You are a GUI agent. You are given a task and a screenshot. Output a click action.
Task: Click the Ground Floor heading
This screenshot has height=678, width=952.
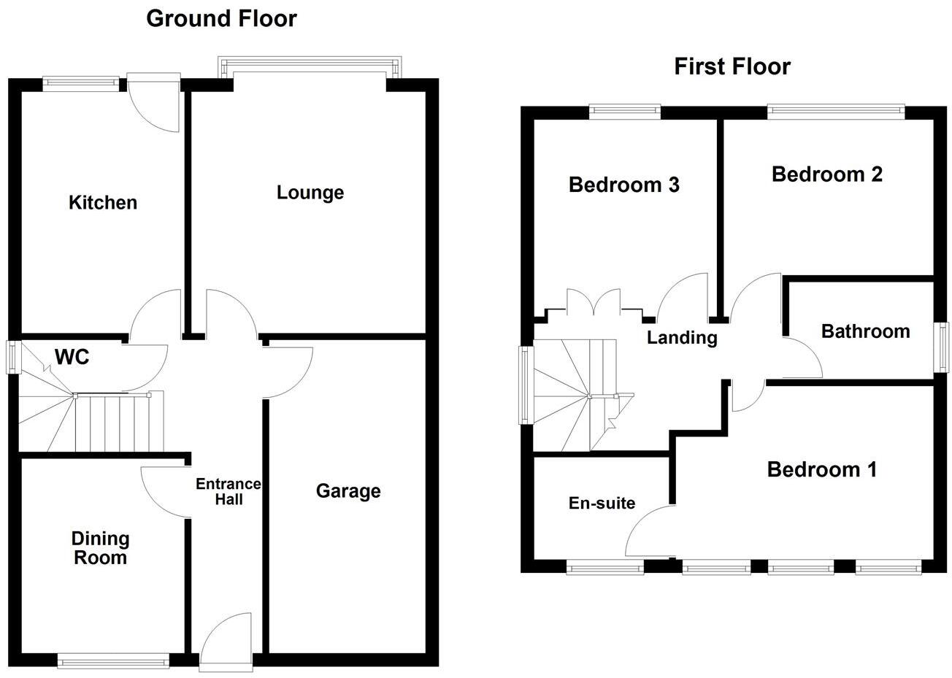tap(221, 19)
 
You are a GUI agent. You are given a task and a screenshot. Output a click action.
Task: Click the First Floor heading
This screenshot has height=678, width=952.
tap(732, 67)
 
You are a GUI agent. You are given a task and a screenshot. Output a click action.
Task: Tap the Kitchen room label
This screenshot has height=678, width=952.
tap(103, 202)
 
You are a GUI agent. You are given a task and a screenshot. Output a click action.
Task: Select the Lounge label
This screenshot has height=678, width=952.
tap(310, 193)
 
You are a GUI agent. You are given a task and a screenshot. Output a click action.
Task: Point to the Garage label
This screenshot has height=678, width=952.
tap(348, 491)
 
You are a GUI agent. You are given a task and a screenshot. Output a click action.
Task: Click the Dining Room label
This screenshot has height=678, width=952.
tap(100, 548)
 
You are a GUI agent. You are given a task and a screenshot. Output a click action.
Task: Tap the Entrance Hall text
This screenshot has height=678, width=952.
tap(228, 492)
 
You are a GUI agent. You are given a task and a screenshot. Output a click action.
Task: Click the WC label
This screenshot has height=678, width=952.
tap(72, 357)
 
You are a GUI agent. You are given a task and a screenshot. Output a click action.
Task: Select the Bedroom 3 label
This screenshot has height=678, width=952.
tap(623, 185)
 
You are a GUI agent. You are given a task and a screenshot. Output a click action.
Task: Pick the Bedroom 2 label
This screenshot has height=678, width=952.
tap(827, 174)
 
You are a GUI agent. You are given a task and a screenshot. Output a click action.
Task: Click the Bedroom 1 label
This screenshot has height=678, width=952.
tap(821, 469)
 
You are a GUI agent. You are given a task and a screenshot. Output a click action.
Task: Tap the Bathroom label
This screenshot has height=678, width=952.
tap(865, 331)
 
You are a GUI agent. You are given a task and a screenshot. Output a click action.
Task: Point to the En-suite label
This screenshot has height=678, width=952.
tap(602, 503)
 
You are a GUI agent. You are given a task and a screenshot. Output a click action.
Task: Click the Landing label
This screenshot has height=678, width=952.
tap(682, 338)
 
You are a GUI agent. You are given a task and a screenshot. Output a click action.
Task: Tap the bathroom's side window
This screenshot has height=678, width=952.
tap(943, 348)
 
